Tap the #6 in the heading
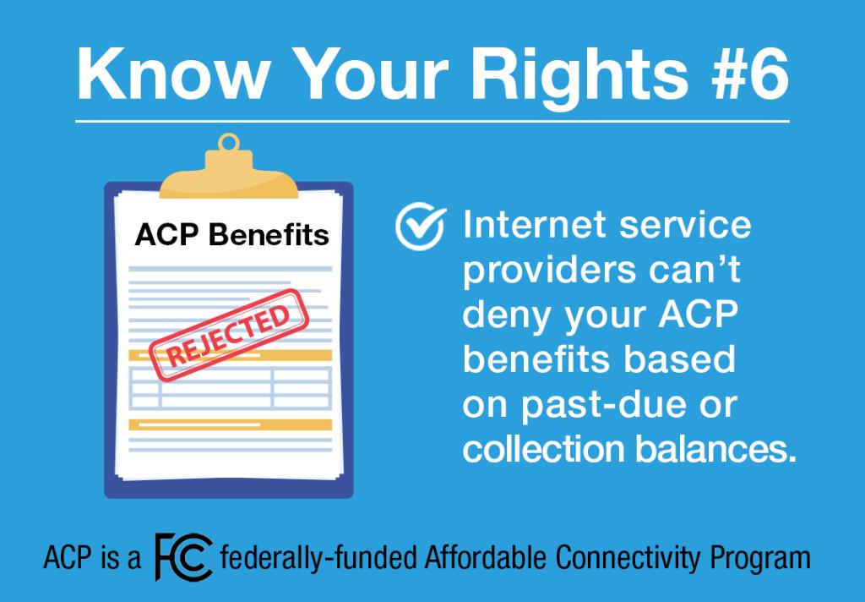[x=750, y=74]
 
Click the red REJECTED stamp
[x=228, y=335]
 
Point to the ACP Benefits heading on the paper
[x=231, y=234]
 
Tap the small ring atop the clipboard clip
[x=228, y=143]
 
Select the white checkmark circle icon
[x=421, y=226]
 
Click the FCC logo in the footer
[x=183, y=556]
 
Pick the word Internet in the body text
[x=534, y=225]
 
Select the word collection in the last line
[x=544, y=449]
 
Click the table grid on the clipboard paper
[x=230, y=388]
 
